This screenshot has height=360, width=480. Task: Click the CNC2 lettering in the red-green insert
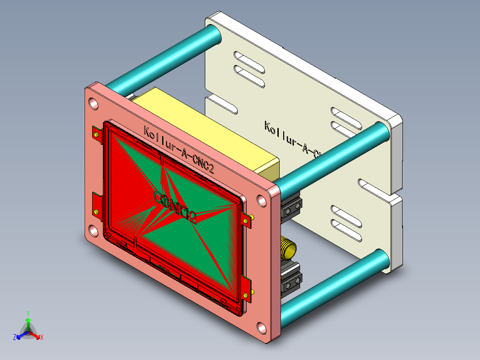(175, 206)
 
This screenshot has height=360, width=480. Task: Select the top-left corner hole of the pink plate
(94, 104)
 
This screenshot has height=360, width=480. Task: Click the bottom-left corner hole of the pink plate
(94, 230)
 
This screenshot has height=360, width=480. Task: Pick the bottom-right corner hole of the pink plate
(261, 329)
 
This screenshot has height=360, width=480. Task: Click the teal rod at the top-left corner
(165, 58)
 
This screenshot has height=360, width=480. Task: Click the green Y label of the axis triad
(28, 313)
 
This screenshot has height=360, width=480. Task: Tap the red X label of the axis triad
(42, 338)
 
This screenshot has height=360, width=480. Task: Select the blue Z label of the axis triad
(14, 338)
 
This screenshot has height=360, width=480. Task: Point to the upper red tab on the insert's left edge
(97, 133)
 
